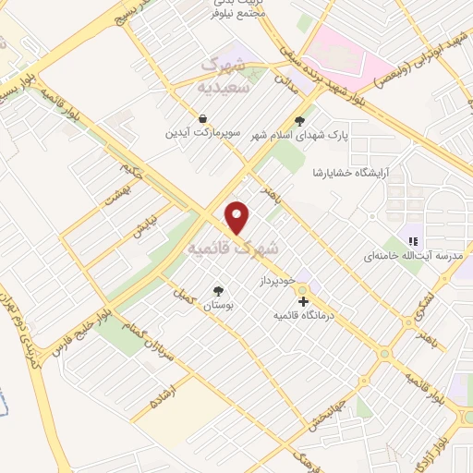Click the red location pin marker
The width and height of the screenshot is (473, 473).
[x=238, y=217]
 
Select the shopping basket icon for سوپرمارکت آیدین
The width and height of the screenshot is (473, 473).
[x=201, y=118]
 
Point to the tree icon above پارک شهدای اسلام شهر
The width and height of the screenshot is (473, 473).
[x=297, y=120]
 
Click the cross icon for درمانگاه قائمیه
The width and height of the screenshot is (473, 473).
[x=302, y=301]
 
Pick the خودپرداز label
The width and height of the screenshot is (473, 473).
[x=276, y=278]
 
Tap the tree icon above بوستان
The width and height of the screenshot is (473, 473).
[x=218, y=288]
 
